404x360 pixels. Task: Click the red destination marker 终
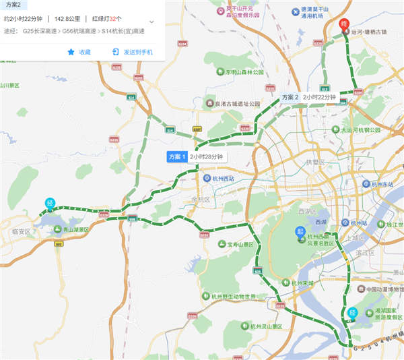(345, 25)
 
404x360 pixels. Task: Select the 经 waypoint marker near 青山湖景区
(50, 203)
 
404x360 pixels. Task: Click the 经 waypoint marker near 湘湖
(353, 312)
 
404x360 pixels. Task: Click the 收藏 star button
(79, 52)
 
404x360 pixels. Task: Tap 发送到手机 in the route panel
(132, 52)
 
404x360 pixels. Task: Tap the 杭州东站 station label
(382, 184)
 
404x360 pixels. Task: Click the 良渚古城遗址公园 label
(236, 104)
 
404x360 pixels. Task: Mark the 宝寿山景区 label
(239, 244)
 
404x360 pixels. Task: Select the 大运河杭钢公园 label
(360, 130)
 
